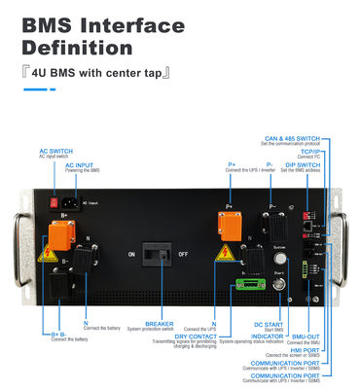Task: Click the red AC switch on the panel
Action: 54,203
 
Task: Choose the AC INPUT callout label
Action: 82,166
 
